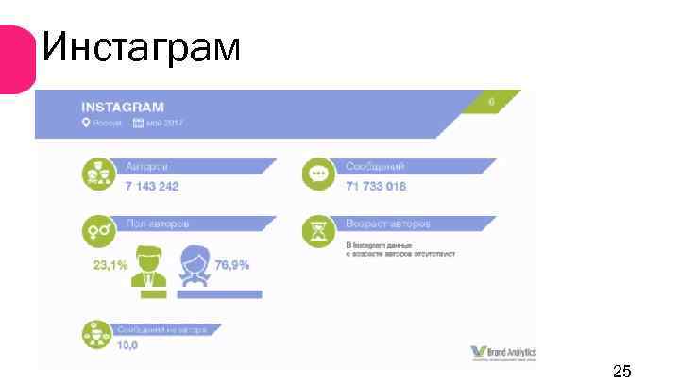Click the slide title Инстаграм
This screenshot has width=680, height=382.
142,46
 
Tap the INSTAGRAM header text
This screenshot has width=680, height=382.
123,107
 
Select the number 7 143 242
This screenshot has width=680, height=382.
152,186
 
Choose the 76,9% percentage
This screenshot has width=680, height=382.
232,265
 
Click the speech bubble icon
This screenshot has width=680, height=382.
317,174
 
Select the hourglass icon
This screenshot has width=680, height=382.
317,231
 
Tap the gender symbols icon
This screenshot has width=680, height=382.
95,231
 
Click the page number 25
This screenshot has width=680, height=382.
621,369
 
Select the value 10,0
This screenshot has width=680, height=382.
127,346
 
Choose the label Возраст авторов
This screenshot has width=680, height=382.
387,224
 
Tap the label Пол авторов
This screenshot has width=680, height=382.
157,224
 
